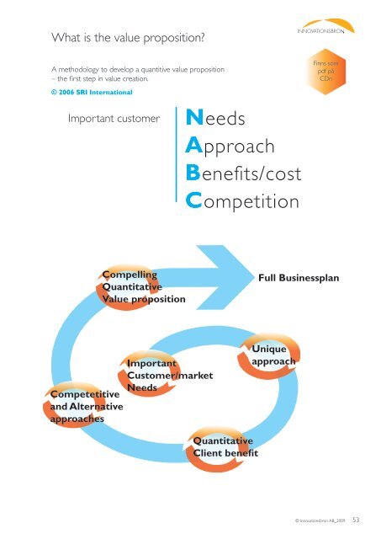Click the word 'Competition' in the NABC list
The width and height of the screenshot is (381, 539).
coord(246,202)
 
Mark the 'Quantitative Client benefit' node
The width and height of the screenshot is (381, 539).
coord(225,446)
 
